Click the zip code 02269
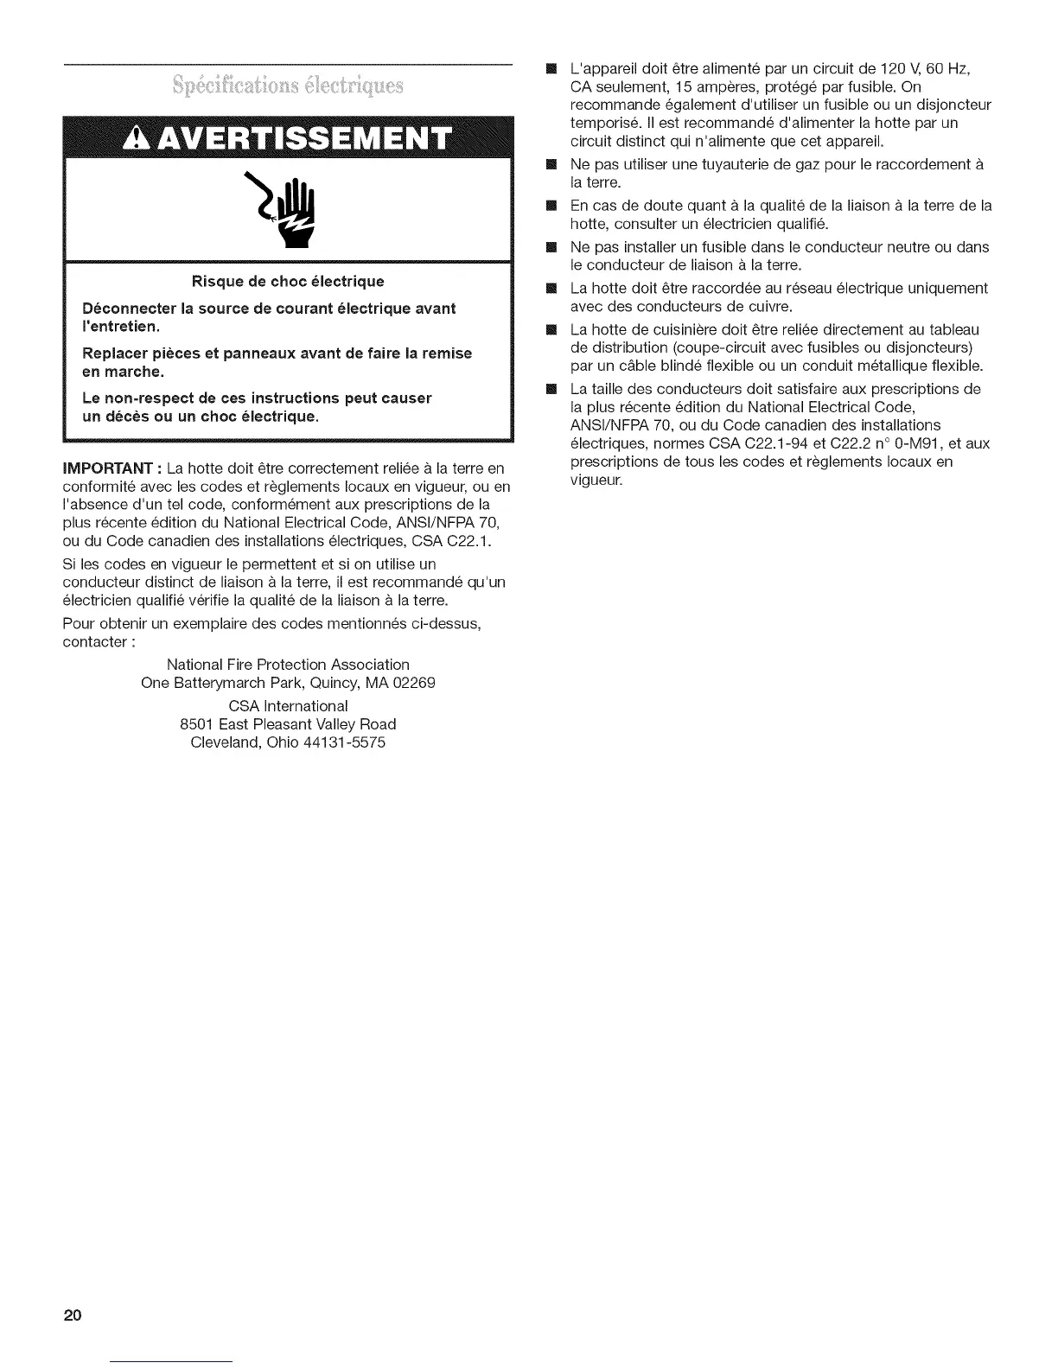(411, 683)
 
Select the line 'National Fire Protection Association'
(288, 665)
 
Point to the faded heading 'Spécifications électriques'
(288, 86)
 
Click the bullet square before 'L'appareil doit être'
(551, 68)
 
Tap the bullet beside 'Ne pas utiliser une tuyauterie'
(551, 164)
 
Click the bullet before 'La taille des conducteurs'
(551, 389)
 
